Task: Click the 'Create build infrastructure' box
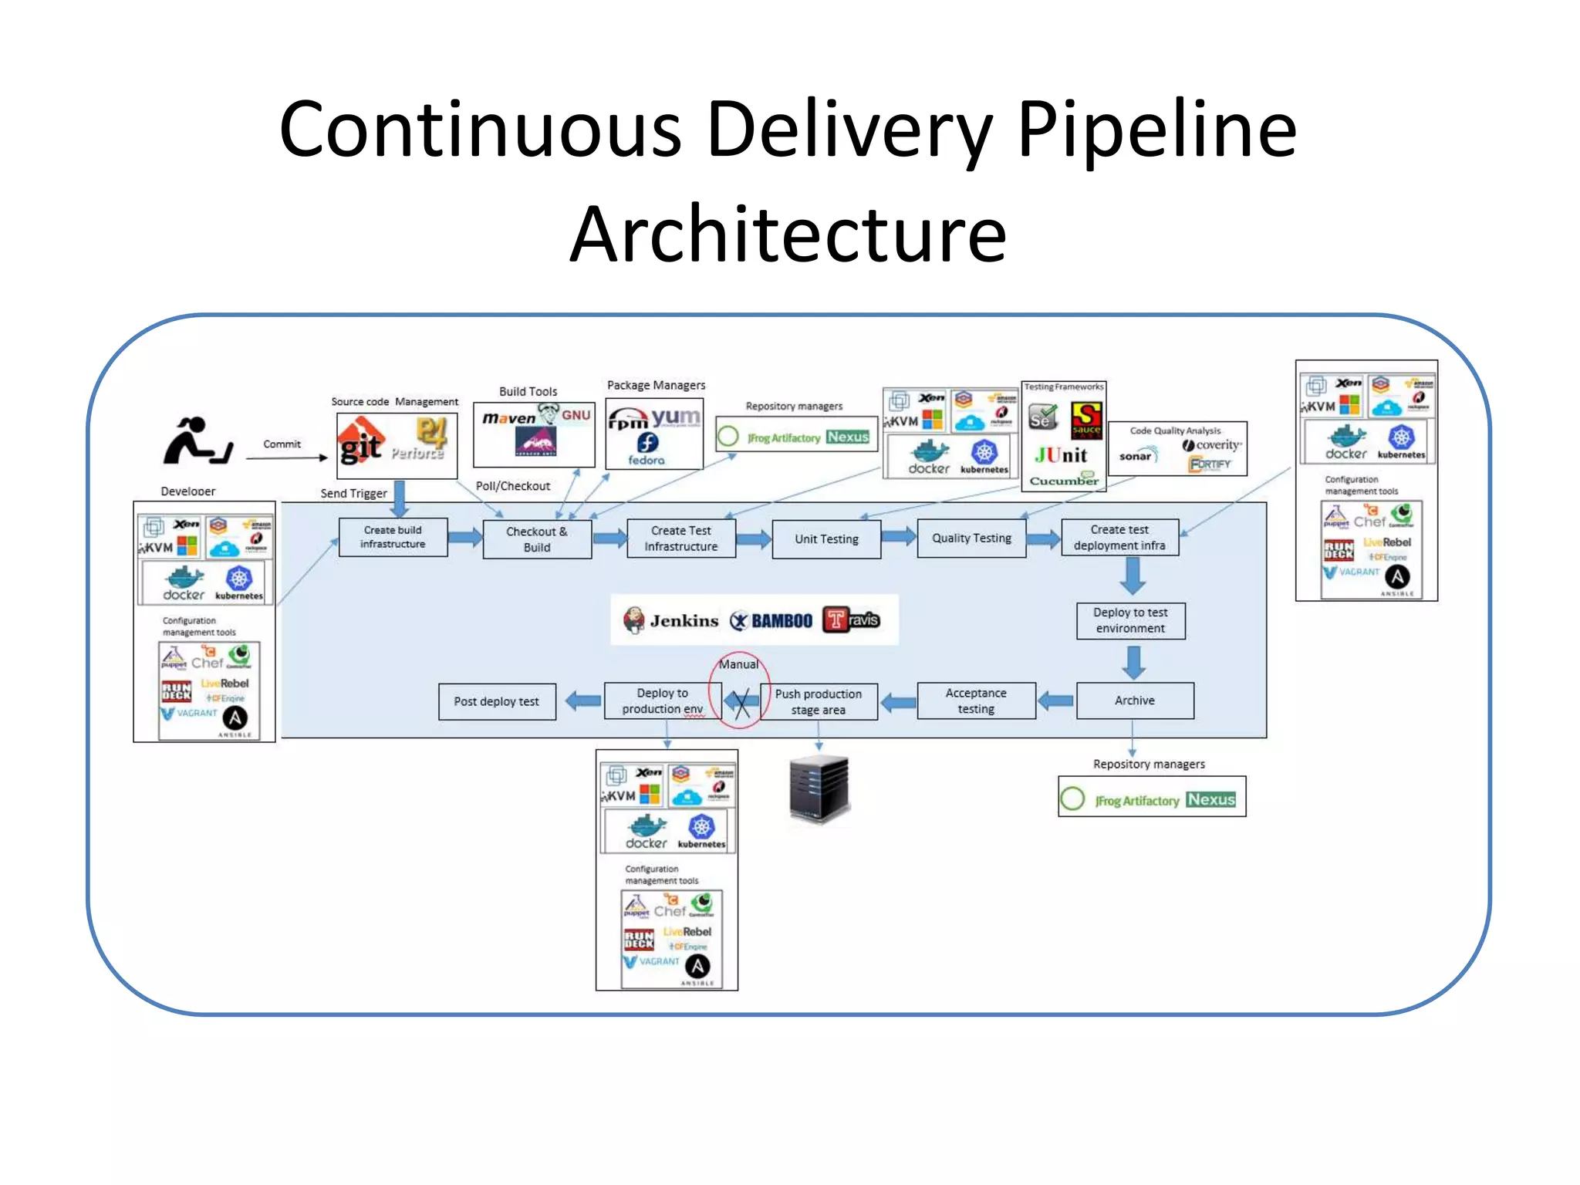393,537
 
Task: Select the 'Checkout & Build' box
537,538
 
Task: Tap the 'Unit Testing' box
826,538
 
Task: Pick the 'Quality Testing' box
971,538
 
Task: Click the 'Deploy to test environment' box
1130,620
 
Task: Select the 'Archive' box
1134,701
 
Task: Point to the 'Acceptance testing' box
976,701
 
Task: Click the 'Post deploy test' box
497,701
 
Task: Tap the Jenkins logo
670,620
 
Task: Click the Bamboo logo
771,620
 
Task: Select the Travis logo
852,620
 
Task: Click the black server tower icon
819,788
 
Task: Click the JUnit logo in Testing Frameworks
1061,456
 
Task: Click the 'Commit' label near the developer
282,444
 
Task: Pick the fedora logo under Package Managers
647,449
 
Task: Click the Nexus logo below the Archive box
1210,799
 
